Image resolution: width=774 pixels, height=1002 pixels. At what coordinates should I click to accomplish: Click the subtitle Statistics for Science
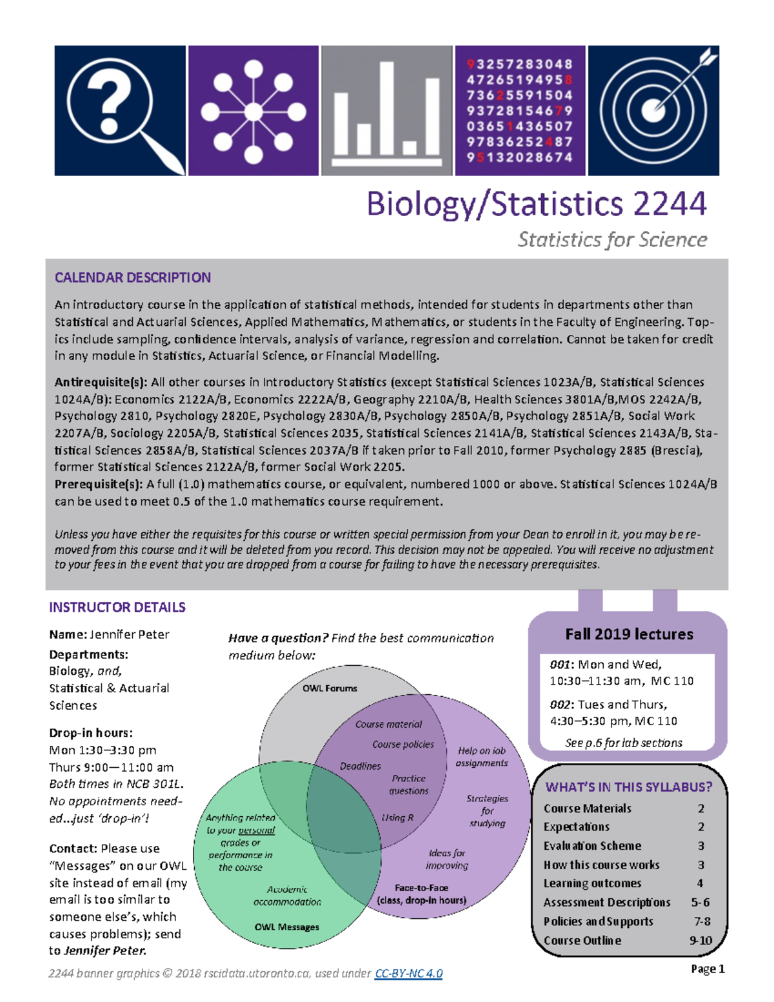612,240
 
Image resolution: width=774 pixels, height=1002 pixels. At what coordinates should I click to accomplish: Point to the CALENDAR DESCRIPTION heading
132,277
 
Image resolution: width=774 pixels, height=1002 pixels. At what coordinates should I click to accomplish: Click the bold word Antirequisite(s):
101,382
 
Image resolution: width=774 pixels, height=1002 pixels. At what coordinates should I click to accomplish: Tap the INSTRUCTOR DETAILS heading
117,607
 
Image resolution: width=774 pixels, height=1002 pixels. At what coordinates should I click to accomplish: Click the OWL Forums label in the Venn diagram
330,688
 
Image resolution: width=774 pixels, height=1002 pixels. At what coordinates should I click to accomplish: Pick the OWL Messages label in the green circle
286,927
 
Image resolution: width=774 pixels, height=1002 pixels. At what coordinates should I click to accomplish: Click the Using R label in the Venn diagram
397,817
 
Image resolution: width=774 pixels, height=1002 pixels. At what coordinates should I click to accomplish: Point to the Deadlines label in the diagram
360,767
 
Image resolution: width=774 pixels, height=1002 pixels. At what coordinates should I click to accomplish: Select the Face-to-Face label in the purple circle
421,888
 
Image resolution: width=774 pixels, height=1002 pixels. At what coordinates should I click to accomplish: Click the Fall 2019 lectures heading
629,634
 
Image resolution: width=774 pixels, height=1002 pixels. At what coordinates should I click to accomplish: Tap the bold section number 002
559,705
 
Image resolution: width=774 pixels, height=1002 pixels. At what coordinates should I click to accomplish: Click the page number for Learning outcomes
700,883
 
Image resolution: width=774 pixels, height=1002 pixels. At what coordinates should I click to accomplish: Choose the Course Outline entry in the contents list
582,941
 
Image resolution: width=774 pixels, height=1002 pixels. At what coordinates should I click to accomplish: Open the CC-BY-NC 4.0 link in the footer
408,974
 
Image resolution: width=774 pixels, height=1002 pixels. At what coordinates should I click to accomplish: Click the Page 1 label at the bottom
708,969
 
